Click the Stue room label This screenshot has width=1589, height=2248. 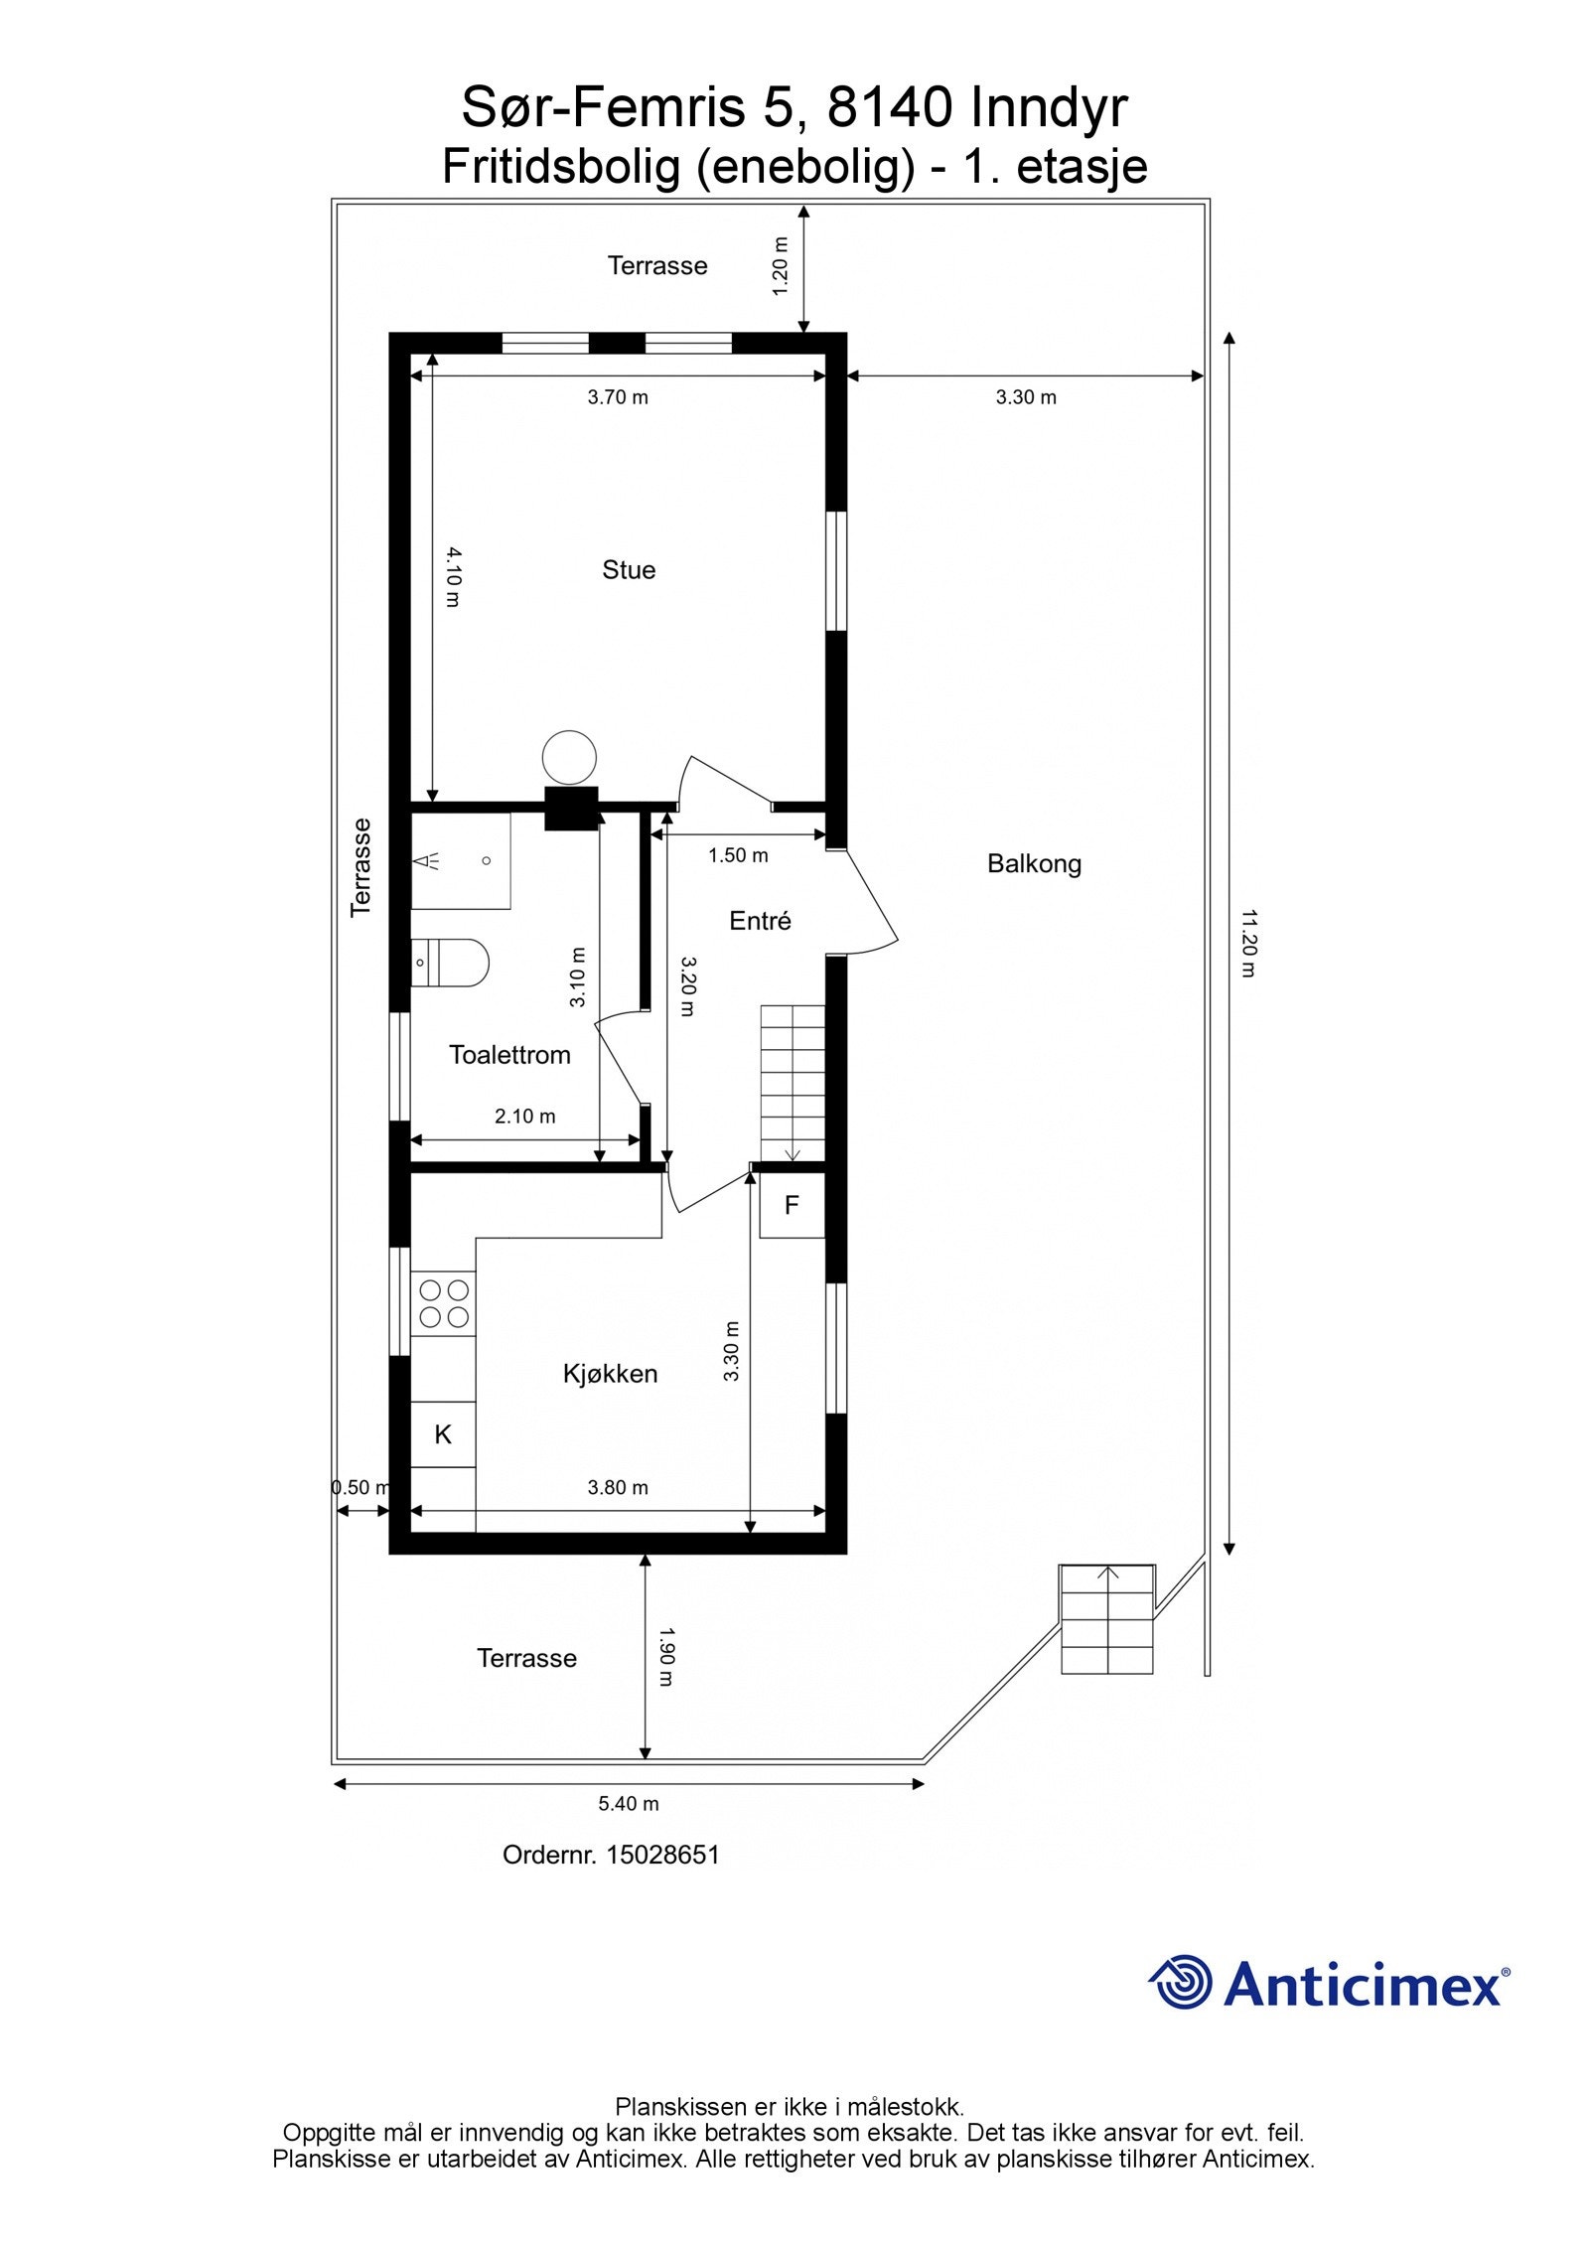[x=628, y=569]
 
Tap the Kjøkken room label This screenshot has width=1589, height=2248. [x=610, y=1373]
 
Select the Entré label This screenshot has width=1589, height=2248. [x=760, y=921]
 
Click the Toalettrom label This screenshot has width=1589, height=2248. [x=509, y=1054]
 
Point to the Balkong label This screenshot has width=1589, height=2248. [x=1034, y=863]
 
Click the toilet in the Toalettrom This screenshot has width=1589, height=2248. [x=452, y=962]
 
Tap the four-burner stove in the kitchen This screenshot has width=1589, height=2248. [x=444, y=1303]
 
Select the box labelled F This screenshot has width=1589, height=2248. [x=792, y=1205]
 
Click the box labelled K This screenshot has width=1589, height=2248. [x=443, y=1433]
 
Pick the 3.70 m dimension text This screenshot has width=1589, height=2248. [x=617, y=397]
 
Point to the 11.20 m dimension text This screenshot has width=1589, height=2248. [x=1248, y=943]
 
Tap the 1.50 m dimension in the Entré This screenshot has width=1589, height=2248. [x=737, y=855]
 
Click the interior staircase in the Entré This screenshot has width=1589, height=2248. [x=793, y=1083]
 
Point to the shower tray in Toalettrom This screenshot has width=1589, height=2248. [x=461, y=860]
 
